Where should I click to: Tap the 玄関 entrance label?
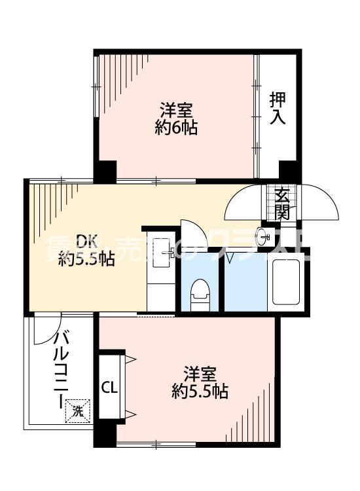[x=282, y=203]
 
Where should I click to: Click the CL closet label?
[x=109, y=388]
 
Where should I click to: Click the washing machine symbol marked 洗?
[x=78, y=412]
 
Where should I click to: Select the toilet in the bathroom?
[x=200, y=293]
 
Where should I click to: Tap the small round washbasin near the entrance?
[x=265, y=236]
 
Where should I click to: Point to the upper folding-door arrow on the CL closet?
[x=130, y=358]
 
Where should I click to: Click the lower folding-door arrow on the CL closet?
[x=130, y=413]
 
